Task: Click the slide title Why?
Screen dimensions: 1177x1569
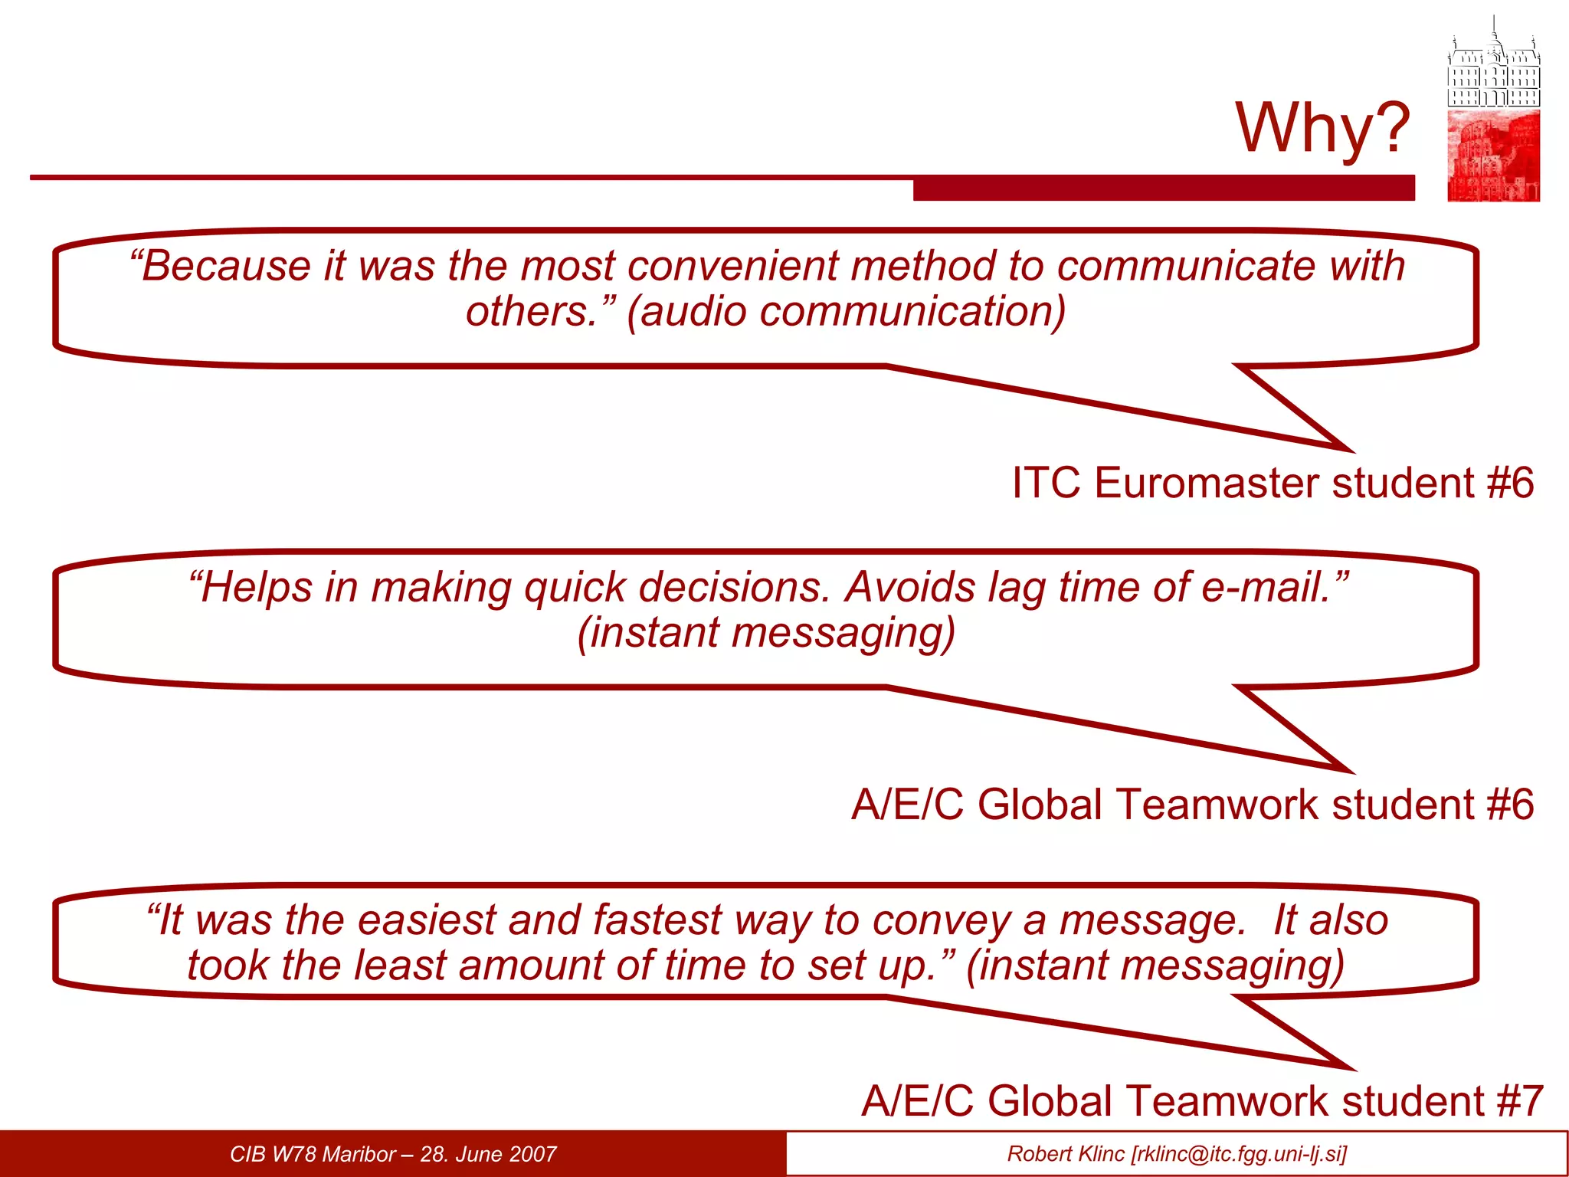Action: pyautogui.click(x=1322, y=128)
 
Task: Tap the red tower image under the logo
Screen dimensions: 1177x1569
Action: pyautogui.click(x=1493, y=156)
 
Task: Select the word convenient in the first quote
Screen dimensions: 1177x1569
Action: pyautogui.click(x=732, y=267)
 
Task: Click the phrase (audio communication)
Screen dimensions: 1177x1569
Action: pyautogui.click(x=846, y=312)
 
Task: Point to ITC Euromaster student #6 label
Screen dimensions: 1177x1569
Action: pyautogui.click(x=1273, y=484)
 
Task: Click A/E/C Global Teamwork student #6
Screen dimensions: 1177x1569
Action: pyautogui.click(x=1192, y=805)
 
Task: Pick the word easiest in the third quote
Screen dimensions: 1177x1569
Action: pyautogui.click(x=427, y=920)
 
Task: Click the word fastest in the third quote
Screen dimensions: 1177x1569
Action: pyautogui.click(x=657, y=920)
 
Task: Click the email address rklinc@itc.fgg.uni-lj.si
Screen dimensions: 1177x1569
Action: pyautogui.click(x=1238, y=1154)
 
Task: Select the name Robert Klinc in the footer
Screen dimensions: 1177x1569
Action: pyautogui.click(x=1066, y=1154)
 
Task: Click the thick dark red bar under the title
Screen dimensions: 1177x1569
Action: pyautogui.click(x=1163, y=189)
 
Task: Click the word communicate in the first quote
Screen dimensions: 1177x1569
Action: pyautogui.click(x=1186, y=267)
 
